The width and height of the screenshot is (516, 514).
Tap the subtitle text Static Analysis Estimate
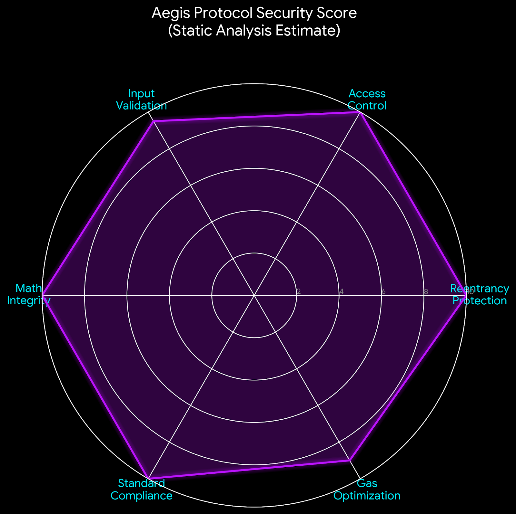[x=254, y=31]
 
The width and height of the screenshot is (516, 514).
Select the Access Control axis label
[x=367, y=100]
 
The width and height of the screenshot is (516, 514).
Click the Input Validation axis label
[x=142, y=100]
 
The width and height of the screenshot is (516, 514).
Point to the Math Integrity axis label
[x=29, y=294]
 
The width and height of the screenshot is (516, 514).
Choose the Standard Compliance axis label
[x=142, y=489]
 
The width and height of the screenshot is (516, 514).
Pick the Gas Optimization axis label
[x=367, y=489]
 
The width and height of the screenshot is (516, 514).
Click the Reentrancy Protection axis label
[x=480, y=294]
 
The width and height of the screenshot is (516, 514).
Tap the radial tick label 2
[x=299, y=292]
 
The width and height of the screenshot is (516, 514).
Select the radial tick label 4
[x=341, y=292]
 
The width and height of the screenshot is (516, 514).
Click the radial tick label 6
[x=383, y=292]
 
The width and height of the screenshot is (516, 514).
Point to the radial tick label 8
[x=426, y=292]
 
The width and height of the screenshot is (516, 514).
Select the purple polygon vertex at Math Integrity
[x=43, y=295]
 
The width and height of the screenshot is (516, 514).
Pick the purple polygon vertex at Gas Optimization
[x=350, y=461]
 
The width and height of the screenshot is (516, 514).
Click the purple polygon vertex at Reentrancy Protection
[x=465, y=295]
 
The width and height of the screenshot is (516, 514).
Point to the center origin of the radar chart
[x=254, y=295]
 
